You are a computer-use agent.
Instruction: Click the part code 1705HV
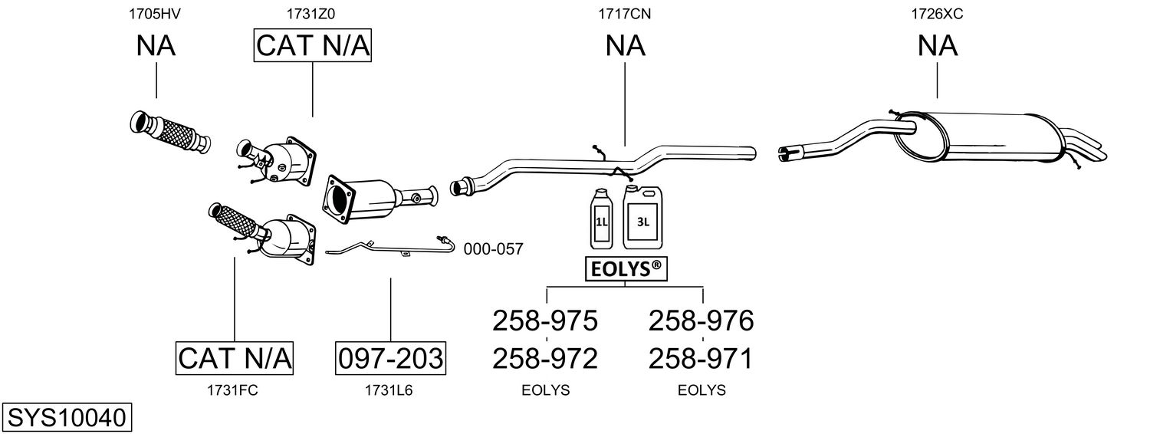click(156, 13)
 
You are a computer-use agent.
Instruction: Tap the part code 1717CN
click(625, 13)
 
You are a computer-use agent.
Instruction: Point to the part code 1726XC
click(937, 13)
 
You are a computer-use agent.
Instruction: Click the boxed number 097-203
click(390, 358)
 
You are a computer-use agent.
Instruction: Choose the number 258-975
click(544, 321)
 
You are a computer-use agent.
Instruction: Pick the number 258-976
click(701, 321)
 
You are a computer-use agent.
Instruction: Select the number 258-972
click(544, 358)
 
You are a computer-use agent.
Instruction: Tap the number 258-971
click(701, 358)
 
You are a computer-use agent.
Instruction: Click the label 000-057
click(493, 249)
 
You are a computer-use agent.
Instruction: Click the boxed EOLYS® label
click(624, 269)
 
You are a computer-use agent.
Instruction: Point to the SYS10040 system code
click(66, 418)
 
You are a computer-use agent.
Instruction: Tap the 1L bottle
click(601, 220)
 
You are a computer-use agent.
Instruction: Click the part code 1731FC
click(232, 390)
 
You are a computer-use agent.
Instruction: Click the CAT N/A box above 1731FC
click(235, 358)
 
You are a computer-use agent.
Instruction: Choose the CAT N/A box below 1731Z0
click(312, 46)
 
